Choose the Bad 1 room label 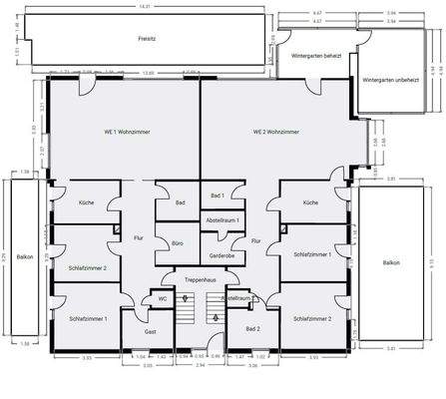[217, 196]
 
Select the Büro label [177, 242]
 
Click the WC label [162, 299]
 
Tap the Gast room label [150, 330]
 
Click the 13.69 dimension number [149, 73]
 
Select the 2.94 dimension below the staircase [201, 366]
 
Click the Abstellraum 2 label [239, 297]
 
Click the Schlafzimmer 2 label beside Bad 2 [312, 318]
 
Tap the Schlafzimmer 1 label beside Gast [89, 318]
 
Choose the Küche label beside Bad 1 [310, 202]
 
